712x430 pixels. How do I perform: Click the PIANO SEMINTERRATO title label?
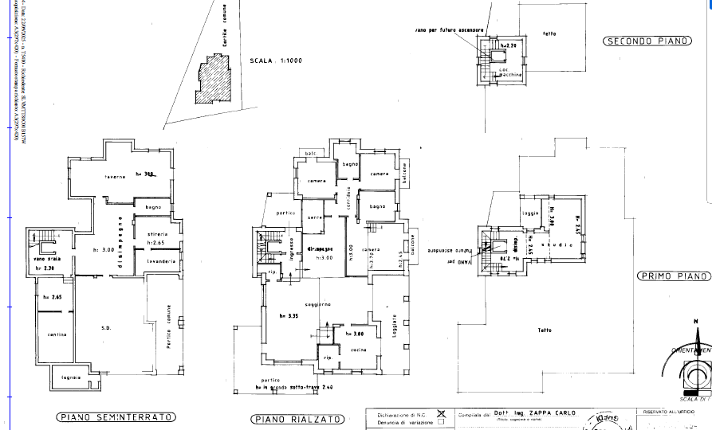click(116, 417)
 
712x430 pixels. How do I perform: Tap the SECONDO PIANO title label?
click(645, 41)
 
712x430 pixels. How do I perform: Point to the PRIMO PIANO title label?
click(675, 276)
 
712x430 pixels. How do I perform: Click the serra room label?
click(314, 217)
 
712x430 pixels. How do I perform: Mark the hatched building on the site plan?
click(212, 80)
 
